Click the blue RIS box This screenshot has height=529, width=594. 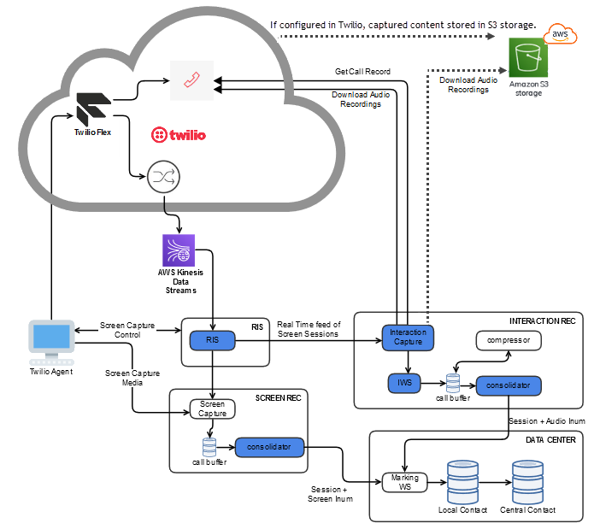click(211, 341)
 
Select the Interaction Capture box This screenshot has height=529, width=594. click(407, 338)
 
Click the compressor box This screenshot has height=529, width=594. click(509, 341)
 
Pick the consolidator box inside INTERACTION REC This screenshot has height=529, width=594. click(509, 386)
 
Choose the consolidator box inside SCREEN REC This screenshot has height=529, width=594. click(269, 447)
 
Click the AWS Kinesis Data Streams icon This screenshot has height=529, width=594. click(178, 253)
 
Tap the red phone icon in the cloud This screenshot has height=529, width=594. click(191, 79)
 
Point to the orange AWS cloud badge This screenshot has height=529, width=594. click(560, 33)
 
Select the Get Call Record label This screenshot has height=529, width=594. click(362, 72)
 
